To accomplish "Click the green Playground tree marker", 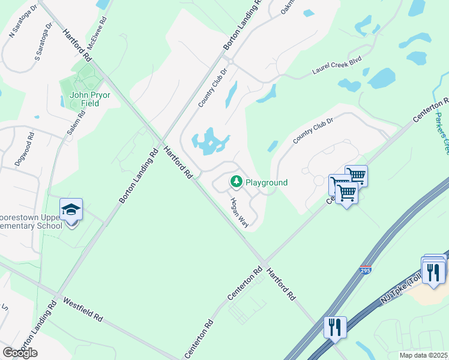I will (x=237, y=181).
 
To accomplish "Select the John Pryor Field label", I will (x=84, y=99).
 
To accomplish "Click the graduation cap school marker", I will (x=71, y=210).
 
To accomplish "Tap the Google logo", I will (x=20, y=352).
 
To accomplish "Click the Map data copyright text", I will (x=424, y=355).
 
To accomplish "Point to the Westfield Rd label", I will (x=83, y=309).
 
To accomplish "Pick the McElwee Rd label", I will (x=94, y=36).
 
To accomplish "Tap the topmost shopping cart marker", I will (x=356, y=175).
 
